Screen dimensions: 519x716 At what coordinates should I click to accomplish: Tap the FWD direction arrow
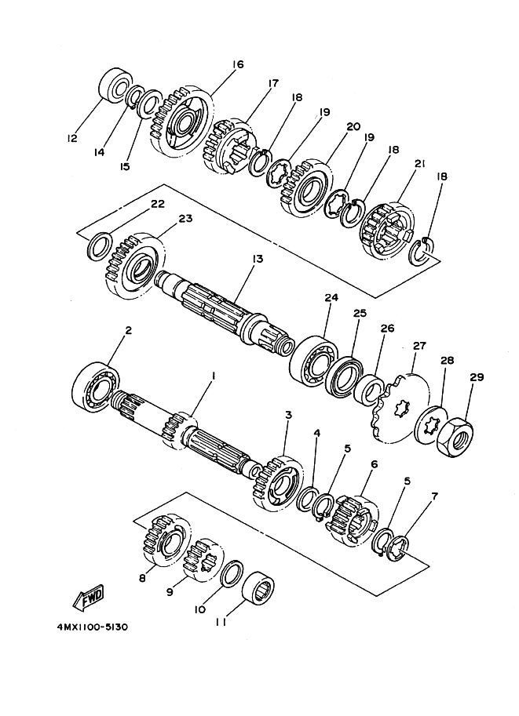[89, 597]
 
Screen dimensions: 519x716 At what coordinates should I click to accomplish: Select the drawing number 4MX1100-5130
[93, 627]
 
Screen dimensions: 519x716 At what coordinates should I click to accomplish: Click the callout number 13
[258, 260]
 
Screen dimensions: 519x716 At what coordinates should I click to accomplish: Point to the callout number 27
[419, 346]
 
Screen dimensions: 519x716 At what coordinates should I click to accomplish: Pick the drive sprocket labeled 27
[401, 408]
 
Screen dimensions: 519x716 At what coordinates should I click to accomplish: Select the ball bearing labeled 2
[96, 387]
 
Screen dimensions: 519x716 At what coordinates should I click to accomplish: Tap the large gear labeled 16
[181, 122]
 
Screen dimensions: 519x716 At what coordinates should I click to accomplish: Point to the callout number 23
[185, 219]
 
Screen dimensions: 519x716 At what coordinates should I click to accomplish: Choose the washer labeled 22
[100, 245]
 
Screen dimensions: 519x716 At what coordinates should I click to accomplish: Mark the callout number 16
[238, 64]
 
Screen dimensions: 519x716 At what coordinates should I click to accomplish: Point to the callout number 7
[434, 496]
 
